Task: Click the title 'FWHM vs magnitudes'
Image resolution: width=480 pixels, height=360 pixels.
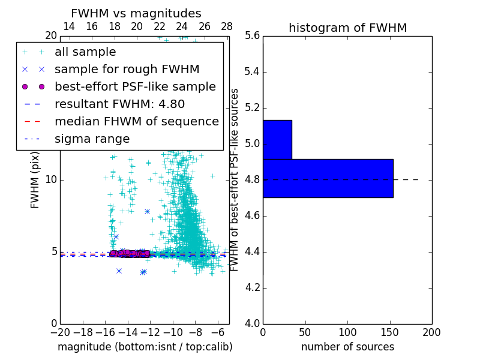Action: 136,13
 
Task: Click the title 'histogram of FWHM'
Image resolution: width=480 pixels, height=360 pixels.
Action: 347,28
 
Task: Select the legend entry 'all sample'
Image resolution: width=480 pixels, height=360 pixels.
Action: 85,52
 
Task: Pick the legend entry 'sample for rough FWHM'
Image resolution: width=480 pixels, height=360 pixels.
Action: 127,70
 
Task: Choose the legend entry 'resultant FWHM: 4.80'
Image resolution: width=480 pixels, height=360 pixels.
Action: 119,104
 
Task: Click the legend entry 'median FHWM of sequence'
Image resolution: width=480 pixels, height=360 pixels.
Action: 136,122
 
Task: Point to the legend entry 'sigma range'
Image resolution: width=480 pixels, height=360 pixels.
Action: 92,139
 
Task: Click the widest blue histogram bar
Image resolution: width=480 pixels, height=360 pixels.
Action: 328,178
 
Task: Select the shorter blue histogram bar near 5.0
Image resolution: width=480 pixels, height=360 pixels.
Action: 277,140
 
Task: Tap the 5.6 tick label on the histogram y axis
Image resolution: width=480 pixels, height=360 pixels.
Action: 253,36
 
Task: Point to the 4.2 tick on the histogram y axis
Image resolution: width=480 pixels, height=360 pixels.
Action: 253,288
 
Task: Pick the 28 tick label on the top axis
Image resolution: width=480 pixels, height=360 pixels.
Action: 227,26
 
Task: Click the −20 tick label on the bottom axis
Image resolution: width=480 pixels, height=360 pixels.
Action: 60,332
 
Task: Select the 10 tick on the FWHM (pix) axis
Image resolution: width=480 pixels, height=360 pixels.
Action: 51,180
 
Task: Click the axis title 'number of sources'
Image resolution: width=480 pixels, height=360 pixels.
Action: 347,347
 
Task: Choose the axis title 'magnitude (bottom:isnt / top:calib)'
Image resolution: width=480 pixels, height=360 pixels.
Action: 145,347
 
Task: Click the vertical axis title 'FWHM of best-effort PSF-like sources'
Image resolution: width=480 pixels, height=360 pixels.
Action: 235,179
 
